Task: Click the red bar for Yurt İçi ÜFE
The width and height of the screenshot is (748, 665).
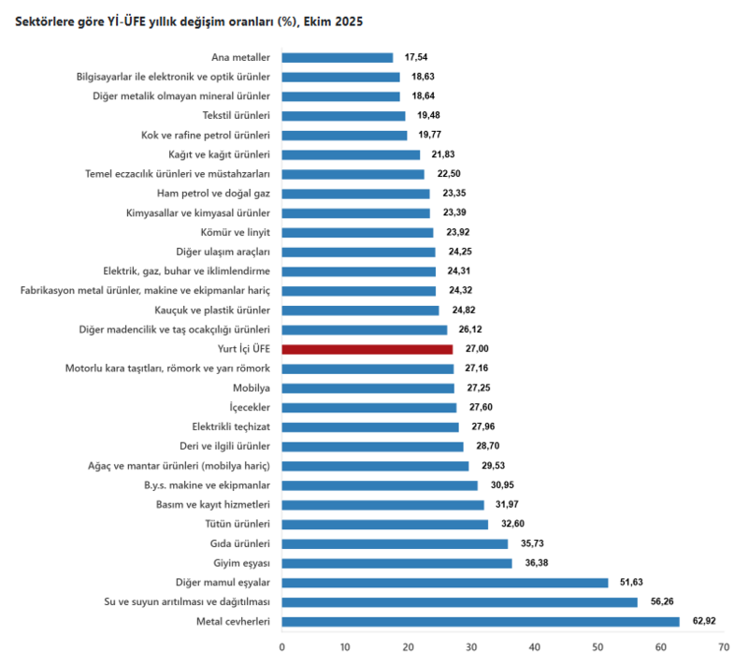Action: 367,349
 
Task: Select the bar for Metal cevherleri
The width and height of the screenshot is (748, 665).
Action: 480,621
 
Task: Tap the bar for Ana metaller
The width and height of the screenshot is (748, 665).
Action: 337,57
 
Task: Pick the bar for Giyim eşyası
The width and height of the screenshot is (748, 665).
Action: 396,563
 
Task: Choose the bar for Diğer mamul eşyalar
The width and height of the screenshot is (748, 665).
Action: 444,583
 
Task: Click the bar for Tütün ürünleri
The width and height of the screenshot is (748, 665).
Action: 384,524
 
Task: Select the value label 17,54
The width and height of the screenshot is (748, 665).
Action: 415,57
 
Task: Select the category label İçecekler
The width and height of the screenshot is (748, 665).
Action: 250,408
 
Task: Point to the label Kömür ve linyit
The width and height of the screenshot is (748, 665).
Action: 235,232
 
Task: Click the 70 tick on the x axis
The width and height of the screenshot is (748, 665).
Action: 723,646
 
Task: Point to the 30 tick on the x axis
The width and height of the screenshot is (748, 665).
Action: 470,646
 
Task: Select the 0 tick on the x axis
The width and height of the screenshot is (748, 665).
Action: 281,646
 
